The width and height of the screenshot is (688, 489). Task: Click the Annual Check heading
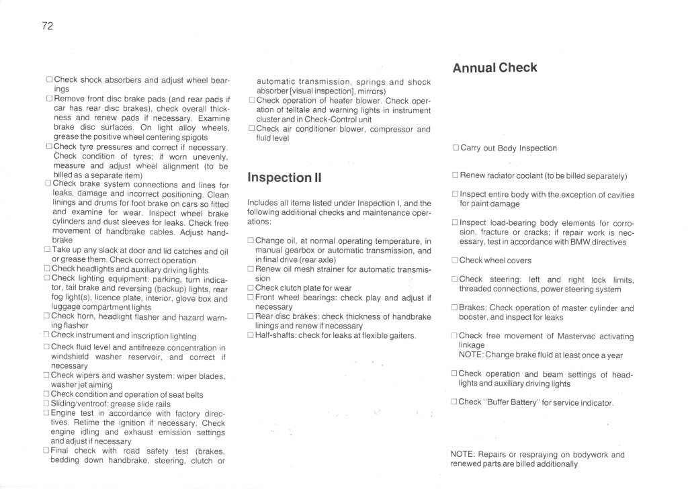point(494,68)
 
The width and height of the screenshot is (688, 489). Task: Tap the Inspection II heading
point(284,177)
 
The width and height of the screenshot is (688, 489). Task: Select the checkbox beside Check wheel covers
point(455,261)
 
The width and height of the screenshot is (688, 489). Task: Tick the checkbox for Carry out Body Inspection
point(456,148)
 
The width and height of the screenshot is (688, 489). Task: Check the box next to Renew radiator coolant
point(455,177)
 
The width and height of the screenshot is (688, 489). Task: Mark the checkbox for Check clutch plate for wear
point(251,287)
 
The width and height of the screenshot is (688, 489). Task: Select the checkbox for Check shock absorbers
point(49,79)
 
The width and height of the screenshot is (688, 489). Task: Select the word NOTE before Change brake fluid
point(470,355)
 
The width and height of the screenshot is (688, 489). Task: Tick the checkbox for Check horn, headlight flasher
point(47,316)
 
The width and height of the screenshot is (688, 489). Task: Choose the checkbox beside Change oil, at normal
point(251,240)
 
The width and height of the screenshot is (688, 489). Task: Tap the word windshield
point(71,357)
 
